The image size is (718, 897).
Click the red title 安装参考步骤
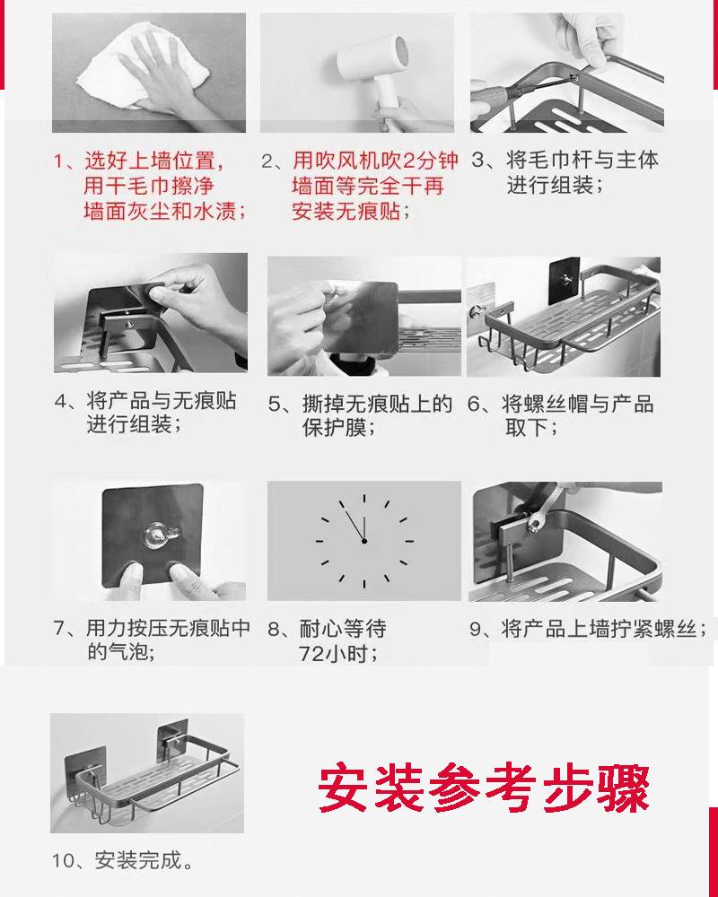tap(485, 787)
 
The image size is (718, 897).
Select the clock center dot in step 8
tap(364, 541)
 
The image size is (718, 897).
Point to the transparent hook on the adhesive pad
tap(162, 536)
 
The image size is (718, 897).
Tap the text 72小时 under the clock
tap(337, 653)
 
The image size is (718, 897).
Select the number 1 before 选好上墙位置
tap(58, 161)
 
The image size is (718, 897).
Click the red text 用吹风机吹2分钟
tap(376, 161)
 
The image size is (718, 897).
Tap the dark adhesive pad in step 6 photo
tap(565, 280)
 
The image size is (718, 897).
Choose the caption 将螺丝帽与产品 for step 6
tap(578, 404)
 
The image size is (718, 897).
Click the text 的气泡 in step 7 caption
tap(119, 651)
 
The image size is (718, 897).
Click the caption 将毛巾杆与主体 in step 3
tap(582, 161)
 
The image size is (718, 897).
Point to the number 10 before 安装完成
tap(64, 861)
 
